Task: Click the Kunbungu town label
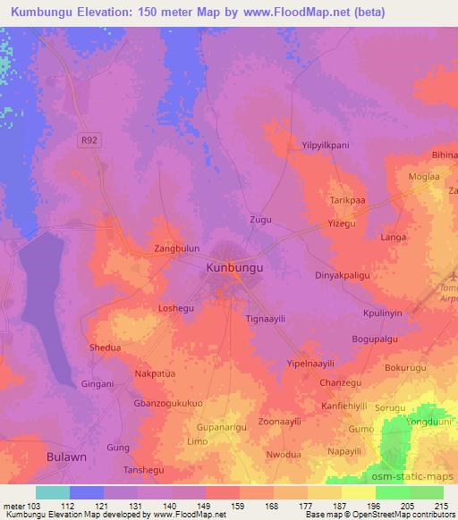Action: pyautogui.click(x=235, y=266)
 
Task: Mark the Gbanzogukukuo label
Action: pyautogui.click(x=170, y=403)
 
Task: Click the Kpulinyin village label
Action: pyautogui.click(x=384, y=314)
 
